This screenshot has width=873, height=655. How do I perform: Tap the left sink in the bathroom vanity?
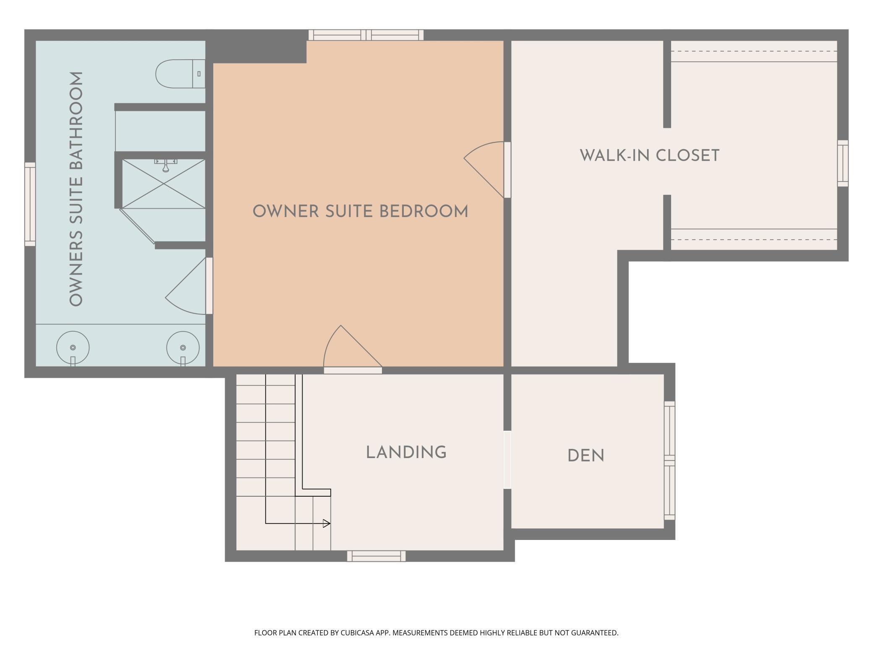coord(73,348)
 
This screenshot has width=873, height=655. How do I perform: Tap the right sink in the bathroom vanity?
coord(183,348)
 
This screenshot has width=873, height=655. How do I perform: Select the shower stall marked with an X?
coord(163,183)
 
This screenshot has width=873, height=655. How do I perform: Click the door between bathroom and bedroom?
coord(209,286)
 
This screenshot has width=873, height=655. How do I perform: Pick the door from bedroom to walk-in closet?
coord(507,170)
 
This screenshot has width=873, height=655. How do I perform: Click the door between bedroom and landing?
coord(353,370)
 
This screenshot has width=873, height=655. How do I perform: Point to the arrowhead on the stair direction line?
coord(326,524)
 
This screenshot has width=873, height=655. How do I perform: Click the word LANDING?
coord(406,453)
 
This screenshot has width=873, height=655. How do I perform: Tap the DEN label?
coord(585,456)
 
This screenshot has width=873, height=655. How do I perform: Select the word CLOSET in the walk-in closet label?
coord(687,156)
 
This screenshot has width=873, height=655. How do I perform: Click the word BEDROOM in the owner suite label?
coord(423,212)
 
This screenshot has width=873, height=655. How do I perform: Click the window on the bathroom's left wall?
coord(30,204)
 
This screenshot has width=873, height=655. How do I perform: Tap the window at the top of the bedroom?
coord(366,35)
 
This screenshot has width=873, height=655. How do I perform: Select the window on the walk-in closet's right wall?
coord(842,163)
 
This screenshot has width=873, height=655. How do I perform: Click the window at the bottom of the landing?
coord(376,556)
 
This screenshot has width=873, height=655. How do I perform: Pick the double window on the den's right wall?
coord(669,461)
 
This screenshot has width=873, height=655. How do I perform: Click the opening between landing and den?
coord(507,460)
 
